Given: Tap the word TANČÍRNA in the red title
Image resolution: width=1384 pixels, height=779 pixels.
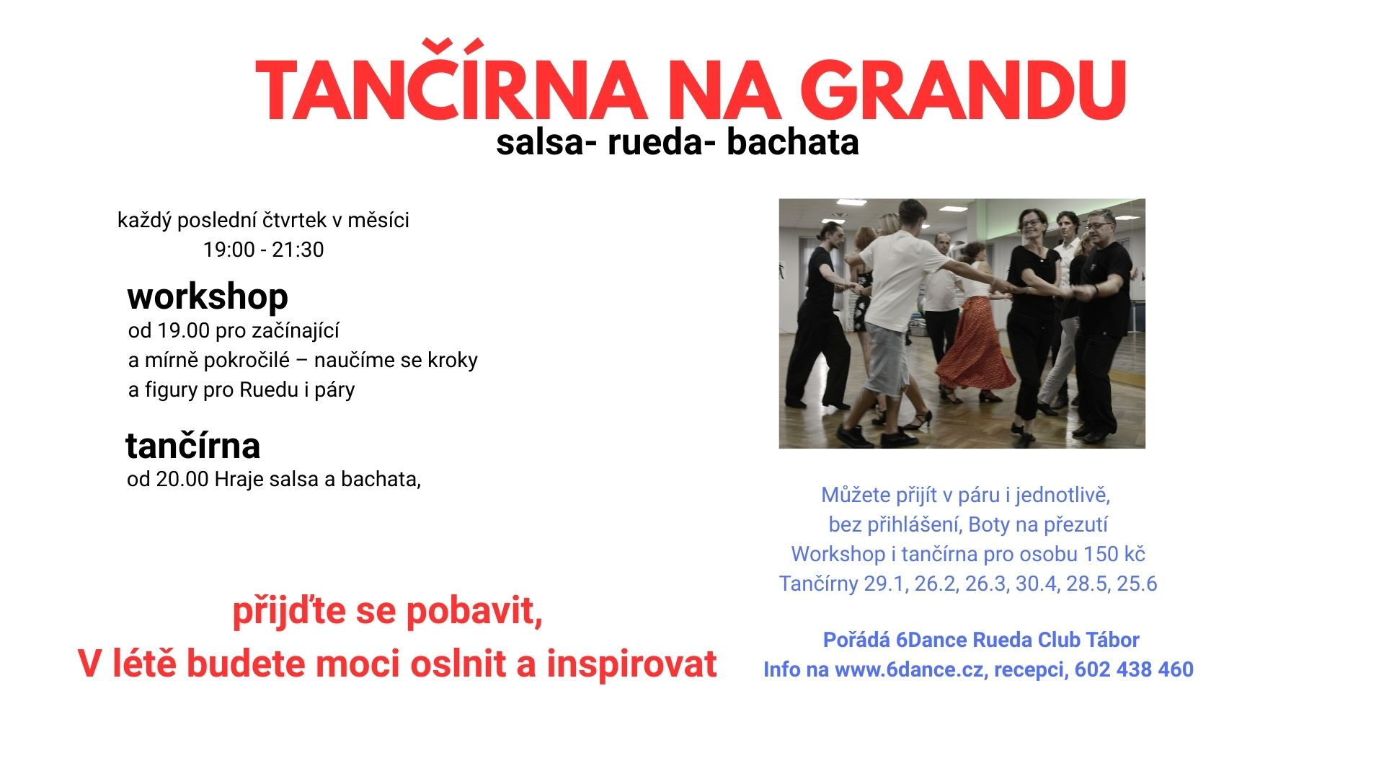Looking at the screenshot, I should [450, 92].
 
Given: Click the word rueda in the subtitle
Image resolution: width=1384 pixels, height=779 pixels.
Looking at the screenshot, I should [655, 142].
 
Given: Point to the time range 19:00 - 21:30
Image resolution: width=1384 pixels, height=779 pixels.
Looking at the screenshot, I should [263, 250].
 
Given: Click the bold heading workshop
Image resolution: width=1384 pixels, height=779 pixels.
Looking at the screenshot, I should [208, 296].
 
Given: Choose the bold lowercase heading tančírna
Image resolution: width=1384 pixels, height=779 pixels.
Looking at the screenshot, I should [192, 446].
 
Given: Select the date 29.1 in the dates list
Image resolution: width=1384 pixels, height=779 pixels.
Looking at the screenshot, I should [885, 584].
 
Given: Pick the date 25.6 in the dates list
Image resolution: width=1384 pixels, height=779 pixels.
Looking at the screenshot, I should [1137, 584].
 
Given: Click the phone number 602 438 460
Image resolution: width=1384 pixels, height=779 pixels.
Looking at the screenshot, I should [1134, 669].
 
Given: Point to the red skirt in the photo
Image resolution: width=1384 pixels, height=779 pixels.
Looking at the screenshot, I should [977, 346].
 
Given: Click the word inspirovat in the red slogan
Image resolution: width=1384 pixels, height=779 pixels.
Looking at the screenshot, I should [631, 664].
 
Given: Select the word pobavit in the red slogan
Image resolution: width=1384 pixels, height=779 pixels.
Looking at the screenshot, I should [474, 611].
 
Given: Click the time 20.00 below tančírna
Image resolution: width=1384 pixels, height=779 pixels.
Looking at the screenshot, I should [182, 479].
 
